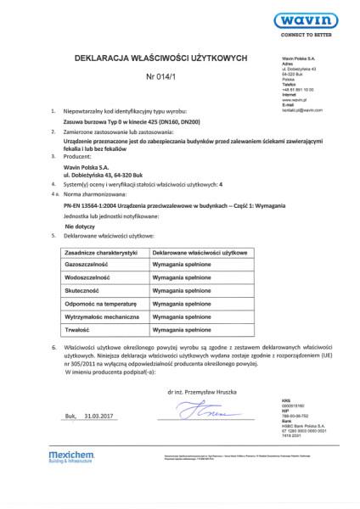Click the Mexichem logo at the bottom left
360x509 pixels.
pyautogui.click(x=69, y=481)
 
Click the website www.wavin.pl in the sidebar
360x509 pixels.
pyautogui.click(x=294, y=99)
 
